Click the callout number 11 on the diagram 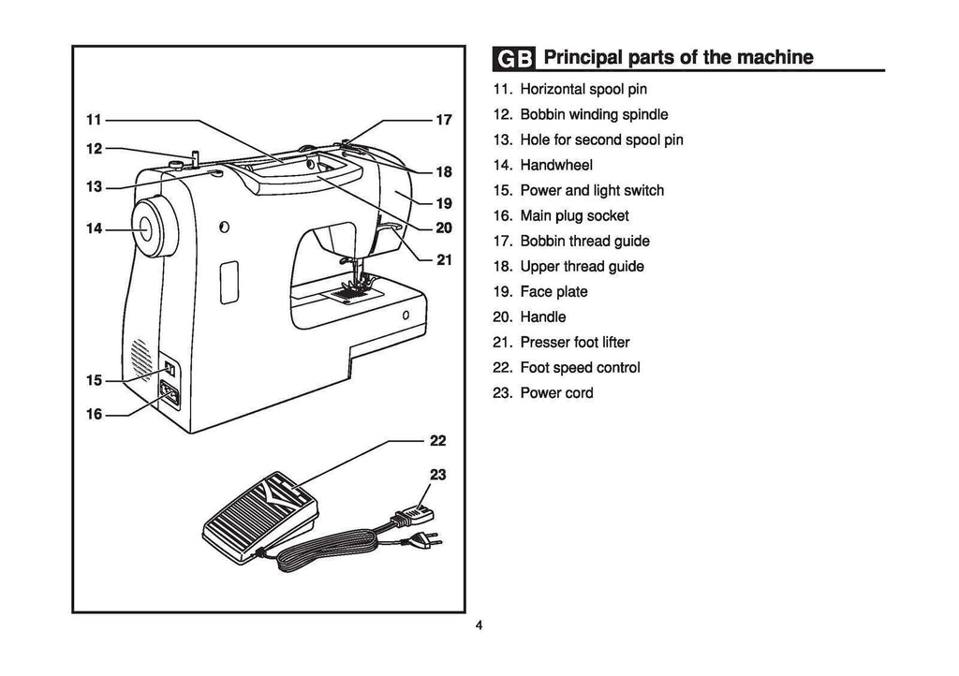pos(93,120)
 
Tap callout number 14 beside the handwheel pos(93,228)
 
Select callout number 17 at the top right pos(444,120)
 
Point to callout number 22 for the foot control pos(437,440)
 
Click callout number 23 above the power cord pos(437,475)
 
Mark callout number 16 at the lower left pos(93,415)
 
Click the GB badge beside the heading pos(514,59)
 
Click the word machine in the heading pos(775,57)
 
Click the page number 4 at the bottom pos(479,625)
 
